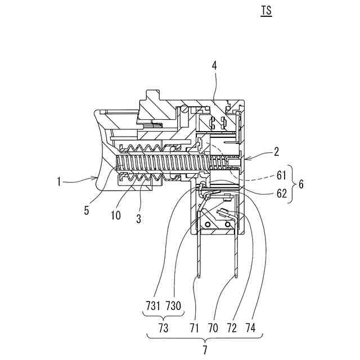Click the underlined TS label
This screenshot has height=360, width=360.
[x=266, y=11]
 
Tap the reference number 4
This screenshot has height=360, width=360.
[x=214, y=66]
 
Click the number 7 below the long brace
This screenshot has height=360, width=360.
[x=204, y=349]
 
